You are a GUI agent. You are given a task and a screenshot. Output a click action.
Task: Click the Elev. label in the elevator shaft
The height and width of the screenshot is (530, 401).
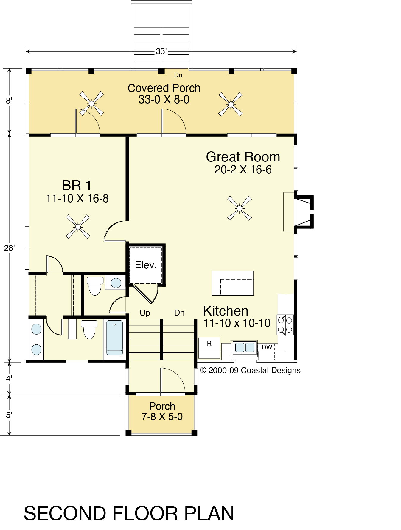[x=146, y=265]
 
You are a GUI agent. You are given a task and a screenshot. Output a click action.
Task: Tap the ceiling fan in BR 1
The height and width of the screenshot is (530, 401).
[x=78, y=227]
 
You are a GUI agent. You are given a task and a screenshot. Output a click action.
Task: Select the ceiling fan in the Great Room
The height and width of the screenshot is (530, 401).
[x=240, y=208]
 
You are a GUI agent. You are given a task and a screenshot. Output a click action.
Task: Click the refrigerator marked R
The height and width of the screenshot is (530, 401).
[x=209, y=348]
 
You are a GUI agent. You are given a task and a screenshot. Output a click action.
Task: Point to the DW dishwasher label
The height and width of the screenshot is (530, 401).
[x=267, y=347]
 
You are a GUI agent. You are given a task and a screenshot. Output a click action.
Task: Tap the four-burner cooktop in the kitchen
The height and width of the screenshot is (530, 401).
[x=285, y=325]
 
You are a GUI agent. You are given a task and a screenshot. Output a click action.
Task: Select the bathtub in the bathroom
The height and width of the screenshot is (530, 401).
[x=115, y=338]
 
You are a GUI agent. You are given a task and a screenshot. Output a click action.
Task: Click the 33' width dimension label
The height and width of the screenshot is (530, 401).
[x=161, y=51]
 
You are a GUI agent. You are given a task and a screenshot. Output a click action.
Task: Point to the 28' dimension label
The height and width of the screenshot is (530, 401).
[x=9, y=248]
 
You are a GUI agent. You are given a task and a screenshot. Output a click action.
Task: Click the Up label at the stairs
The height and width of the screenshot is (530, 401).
[x=145, y=313]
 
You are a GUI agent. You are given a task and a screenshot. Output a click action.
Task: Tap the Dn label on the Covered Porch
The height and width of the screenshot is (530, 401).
[x=178, y=75]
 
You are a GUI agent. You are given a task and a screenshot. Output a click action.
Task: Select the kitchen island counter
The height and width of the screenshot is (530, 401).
[x=233, y=283]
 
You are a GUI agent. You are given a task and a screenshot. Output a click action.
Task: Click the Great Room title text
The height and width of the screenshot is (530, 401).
[x=243, y=157]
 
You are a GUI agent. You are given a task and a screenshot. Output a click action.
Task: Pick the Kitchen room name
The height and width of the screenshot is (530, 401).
[x=226, y=311]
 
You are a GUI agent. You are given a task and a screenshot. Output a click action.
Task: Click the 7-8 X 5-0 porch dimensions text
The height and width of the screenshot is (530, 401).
[x=162, y=417]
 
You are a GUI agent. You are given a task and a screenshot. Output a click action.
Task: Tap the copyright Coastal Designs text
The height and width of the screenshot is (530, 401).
[x=251, y=370]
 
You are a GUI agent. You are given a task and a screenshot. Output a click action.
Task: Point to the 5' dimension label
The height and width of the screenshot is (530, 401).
[x=9, y=415]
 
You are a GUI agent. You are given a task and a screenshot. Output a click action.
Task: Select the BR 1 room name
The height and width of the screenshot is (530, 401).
[x=77, y=186]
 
